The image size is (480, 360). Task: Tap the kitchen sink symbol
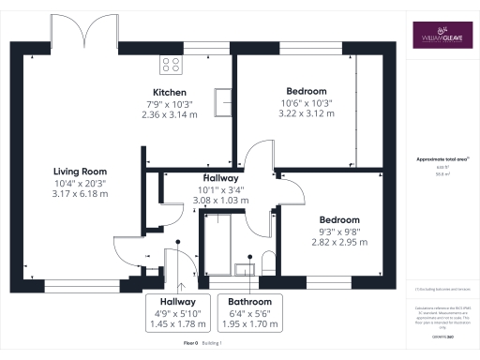(x=223, y=101)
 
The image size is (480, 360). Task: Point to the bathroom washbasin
(x=245, y=270)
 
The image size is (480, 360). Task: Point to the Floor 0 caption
(x=190, y=345)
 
